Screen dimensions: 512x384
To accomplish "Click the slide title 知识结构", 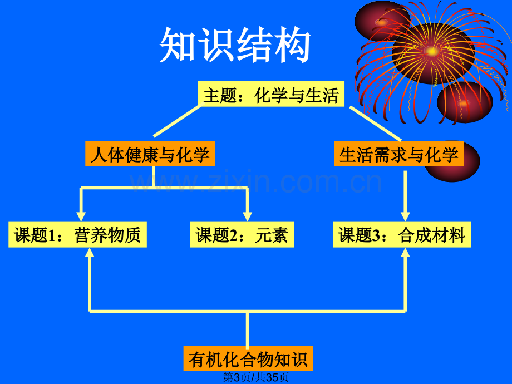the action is [235, 45].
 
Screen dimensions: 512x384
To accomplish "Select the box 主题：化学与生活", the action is [271, 94].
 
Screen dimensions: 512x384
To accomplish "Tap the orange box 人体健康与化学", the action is [150, 154].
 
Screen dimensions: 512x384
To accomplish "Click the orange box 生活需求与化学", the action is [398, 154].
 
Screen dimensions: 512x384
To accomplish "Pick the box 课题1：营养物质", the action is [77, 234].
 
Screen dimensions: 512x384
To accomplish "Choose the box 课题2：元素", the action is [242, 234].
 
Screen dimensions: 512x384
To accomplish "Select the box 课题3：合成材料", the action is [402, 234].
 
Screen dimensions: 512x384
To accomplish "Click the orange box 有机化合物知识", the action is [248, 358].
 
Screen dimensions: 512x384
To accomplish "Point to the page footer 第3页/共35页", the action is [255, 377].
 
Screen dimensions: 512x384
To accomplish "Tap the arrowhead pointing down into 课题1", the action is [81, 217].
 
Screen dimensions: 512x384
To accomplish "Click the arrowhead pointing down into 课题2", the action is [248, 217].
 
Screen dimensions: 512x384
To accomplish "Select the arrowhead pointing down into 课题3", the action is [405, 217].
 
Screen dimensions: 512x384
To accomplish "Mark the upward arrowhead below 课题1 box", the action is [90, 253].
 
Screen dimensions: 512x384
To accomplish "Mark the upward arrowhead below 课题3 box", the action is [405, 253].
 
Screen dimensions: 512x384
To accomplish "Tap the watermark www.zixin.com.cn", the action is [255, 181].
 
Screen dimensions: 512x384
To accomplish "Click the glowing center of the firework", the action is [432, 51].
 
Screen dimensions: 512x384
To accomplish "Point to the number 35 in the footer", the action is [272, 377].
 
